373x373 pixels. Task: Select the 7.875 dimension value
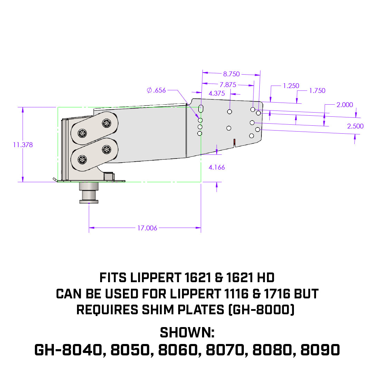(228, 85)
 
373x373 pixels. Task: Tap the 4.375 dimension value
(217, 93)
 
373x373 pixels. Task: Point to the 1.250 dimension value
(291, 86)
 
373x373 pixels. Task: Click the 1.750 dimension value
(317, 91)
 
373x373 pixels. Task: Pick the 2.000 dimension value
(345, 105)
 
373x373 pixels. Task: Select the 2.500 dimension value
(355, 126)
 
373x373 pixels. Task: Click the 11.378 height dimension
(23, 145)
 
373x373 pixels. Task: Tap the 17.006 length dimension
(147, 228)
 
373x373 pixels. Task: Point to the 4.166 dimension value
(217, 168)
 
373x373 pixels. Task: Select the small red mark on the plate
(234, 141)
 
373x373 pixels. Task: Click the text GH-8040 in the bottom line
(69, 350)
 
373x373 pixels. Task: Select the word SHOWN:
(187, 333)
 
